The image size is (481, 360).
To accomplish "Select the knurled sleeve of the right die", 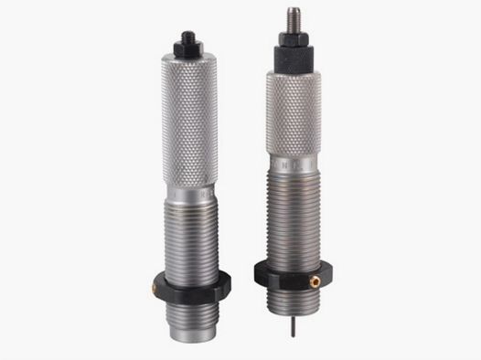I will click(293, 114).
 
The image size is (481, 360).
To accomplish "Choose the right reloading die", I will click(292, 174).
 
